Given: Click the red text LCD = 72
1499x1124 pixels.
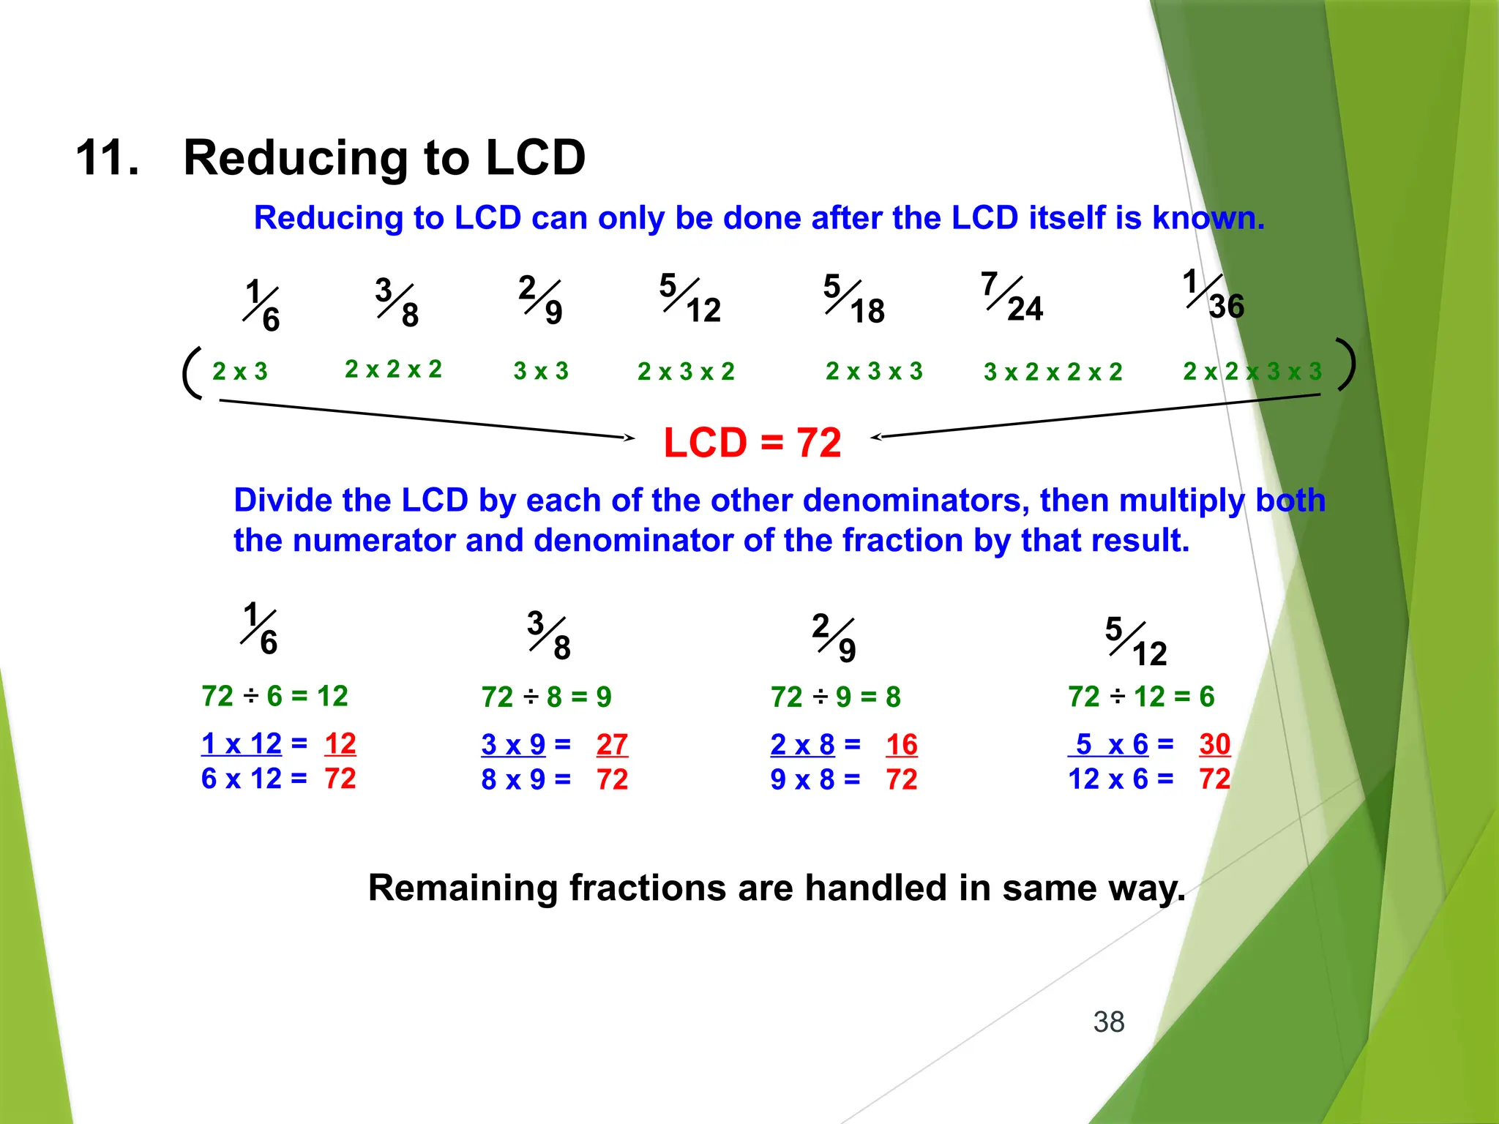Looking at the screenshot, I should pos(752,443).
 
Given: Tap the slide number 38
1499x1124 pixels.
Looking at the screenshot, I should pos(1108,1022).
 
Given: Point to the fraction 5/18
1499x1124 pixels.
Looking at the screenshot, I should pos(853,299).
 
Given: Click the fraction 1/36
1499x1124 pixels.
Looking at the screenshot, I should pos(1213,295).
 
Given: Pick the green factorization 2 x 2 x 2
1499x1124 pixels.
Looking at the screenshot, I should pos(393,370).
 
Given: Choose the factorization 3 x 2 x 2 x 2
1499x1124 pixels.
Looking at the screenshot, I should pos(1053,372).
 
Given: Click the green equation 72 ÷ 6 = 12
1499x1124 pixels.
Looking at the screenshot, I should pos(274,696).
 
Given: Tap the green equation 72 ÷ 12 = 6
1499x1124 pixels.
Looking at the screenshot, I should pos(1141,697).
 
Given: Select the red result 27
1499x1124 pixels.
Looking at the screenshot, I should pos(612,745).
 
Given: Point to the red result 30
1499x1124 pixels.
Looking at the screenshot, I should pos(1214,744).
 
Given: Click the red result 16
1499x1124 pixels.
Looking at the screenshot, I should pos(901,745).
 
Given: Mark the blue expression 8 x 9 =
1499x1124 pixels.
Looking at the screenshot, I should pos(526,780).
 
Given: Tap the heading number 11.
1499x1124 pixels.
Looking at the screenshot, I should pos(107,158).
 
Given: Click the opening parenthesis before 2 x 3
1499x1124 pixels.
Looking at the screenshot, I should pos(192,372).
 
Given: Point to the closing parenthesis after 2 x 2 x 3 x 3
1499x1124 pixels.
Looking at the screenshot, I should pos(1345,364).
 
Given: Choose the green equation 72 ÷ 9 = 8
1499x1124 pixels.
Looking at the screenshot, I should pos(835,697).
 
